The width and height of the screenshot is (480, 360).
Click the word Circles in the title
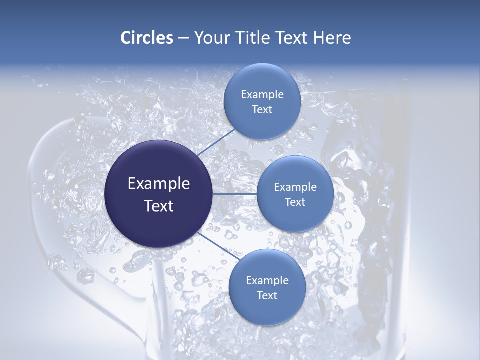click(x=146, y=38)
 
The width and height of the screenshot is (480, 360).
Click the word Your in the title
click(x=213, y=38)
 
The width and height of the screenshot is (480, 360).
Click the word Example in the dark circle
click(x=159, y=184)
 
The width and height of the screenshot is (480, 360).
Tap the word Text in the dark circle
click(x=159, y=206)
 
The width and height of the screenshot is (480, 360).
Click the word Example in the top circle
click(x=262, y=95)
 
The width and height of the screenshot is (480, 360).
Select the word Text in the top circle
click(x=262, y=110)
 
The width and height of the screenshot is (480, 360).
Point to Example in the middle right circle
click(x=295, y=187)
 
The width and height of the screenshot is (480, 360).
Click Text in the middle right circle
click(x=295, y=202)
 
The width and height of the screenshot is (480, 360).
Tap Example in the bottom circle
click(x=267, y=281)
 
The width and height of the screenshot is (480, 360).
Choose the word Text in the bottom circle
click(x=267, y=296)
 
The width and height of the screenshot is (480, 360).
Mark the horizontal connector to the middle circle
click(x=235, y=194)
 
